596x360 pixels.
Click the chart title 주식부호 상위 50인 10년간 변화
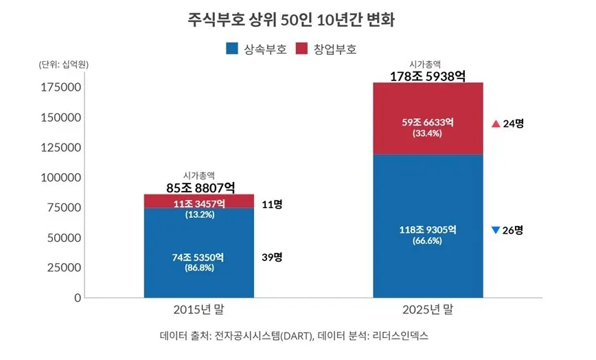click(291, 20)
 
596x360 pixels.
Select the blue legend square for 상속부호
click(232, 49)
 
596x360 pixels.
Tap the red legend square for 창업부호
click(301, 49)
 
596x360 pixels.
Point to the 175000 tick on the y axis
click(61, 87)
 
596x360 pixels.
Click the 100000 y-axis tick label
click(61, 177)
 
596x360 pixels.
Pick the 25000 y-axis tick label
click(64, 268)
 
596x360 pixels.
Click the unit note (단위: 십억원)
click(63, 65)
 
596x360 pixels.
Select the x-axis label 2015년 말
click(199, 309)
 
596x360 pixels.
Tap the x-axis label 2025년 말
click(428, 309)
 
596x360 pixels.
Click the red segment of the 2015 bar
click(199, 201)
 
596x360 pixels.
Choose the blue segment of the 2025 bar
click(428, 226)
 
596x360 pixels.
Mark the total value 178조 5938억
click(428, 76)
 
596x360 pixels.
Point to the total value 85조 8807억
click(200, 188)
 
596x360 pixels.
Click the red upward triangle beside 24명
click(496, 124)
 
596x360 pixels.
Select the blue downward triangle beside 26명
click(495, 230)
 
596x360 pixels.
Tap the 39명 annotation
click(272, 258)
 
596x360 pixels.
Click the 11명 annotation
click(272, 205)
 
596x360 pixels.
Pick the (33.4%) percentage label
click(427, 133)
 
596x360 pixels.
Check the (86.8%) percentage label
click(199, 268)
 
